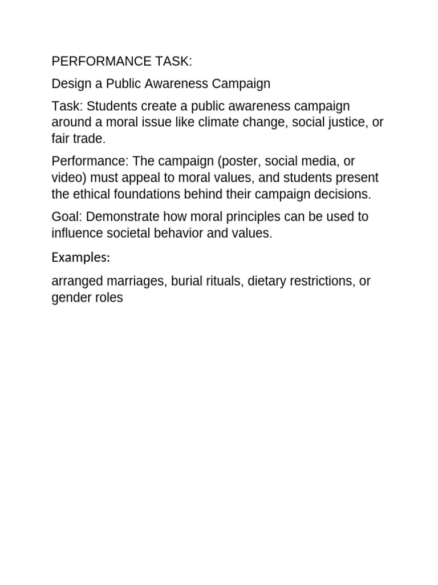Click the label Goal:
coord(67,217)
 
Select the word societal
coord(128,233)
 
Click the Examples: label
coord(80,258)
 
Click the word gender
coord(70,298)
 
